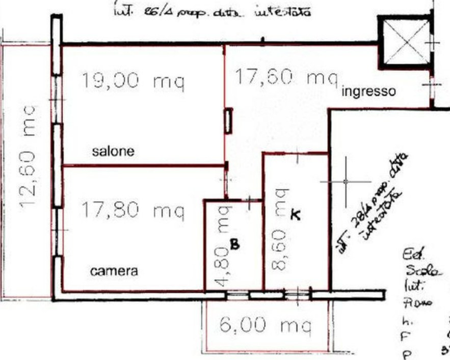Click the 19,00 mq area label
133,81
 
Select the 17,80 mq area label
133,210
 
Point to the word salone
113,151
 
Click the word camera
114,271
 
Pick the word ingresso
368,92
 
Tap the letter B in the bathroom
234,245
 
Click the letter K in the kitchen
295,215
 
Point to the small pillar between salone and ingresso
228,121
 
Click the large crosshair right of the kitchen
346,181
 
